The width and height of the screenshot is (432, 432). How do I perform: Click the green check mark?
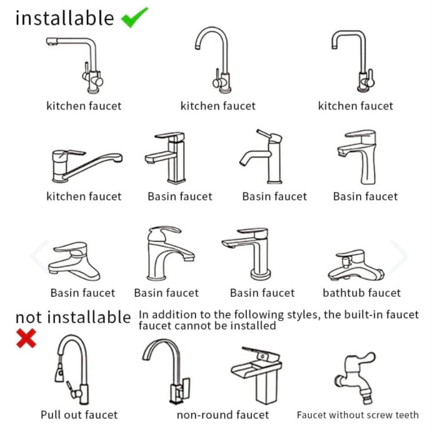[x=134, y=18]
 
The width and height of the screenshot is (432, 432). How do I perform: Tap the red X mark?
[x=26, y=338]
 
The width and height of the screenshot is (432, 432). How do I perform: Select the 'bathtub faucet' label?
[x=361, y=293]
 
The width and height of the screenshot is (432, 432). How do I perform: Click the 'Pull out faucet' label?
[x=79, y=414]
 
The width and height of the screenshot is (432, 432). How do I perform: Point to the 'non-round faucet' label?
[x=223, y=414]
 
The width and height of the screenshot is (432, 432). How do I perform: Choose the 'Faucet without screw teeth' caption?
[x=358, y=414]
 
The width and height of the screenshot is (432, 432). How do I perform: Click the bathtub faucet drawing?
[x=356, y=265]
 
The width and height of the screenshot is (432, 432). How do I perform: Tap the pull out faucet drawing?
[x=72, y=369]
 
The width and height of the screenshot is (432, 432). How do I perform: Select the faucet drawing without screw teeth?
[x=355, y=378]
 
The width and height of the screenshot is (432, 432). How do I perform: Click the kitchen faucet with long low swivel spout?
[x=87, y=166]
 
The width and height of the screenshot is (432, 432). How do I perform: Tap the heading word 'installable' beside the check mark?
[x=64, y=18]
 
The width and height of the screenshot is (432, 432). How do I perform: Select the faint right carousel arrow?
[x=399, y=256]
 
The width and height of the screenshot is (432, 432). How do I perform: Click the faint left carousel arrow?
[x=39, y=256]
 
